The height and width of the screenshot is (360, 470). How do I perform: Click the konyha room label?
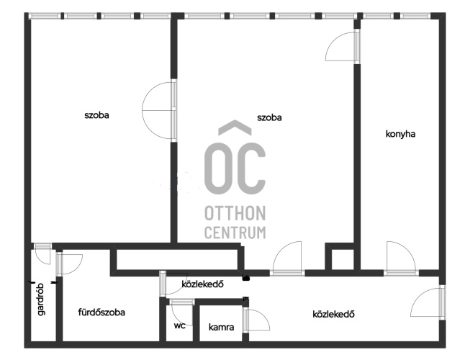coord(400,134)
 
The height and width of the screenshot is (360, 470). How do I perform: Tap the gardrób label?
coord(41,299)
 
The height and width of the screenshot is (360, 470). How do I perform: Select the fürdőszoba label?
coord(101,312)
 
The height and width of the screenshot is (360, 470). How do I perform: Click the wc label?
coord(179,325)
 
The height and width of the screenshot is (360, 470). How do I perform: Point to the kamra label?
coord(221,327)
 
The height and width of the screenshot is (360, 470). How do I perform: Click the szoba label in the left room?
coord(96,115)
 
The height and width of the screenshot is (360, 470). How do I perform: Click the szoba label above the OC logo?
coord(269,117)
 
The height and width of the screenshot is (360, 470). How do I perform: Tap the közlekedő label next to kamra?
coord(334,314)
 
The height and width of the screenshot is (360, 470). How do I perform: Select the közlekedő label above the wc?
coord(203,284)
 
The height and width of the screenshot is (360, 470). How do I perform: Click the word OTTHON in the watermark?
coord(235,213)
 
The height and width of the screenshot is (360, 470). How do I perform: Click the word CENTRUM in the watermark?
coord(235,233)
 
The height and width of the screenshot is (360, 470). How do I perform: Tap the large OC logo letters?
coord(235,168)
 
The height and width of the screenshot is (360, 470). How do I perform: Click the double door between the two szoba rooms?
coord(159,110)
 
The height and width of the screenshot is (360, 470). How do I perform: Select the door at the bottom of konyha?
coord(401,258)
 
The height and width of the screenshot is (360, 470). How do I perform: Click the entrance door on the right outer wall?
coord(428,302)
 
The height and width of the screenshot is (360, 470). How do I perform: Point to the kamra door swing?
coord(256,320)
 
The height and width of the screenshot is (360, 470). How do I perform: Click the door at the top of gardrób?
coord(42,253)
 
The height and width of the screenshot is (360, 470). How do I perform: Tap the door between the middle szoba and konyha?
coord(343,46)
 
